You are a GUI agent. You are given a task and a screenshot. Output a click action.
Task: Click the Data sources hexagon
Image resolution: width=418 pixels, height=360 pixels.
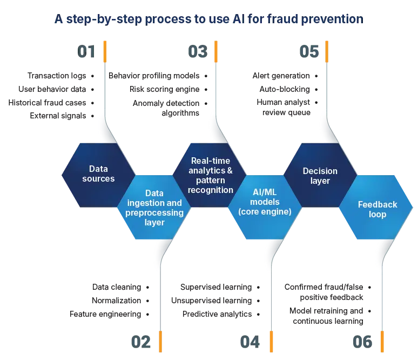pos(98,174)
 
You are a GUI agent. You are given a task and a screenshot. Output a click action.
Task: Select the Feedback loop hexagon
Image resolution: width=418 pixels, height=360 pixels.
pos(377,209)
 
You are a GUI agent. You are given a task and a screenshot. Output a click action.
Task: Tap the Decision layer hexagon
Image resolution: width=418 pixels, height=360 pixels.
pos(320,176)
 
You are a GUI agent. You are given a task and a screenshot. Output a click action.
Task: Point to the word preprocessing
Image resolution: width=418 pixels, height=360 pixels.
pos(154,212)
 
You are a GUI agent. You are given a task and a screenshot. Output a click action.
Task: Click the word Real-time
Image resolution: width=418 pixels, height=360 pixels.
pos(211,161)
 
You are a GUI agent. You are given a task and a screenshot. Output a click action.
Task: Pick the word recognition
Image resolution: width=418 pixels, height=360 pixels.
pos(211,190)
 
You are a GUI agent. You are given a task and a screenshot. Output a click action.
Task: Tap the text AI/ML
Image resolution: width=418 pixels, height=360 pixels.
pos(265,192)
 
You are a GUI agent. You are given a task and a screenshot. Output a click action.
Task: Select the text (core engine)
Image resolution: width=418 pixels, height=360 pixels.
pos(265,211)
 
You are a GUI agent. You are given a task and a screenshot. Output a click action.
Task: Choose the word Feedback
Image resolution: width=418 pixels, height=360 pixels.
pos(377,204)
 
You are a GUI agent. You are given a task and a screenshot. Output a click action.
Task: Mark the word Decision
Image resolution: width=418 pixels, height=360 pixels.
pos(320,171)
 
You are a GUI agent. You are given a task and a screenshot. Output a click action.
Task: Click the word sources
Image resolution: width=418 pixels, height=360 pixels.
pos(98,178)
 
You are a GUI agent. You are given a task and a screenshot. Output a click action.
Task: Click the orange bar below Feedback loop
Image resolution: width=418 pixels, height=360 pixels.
pos(382,342)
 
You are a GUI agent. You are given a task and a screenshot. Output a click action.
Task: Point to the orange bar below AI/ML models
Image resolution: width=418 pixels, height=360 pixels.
pos(271,342)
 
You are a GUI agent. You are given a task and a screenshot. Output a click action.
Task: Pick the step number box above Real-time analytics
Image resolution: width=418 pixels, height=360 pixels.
pos(197,52)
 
